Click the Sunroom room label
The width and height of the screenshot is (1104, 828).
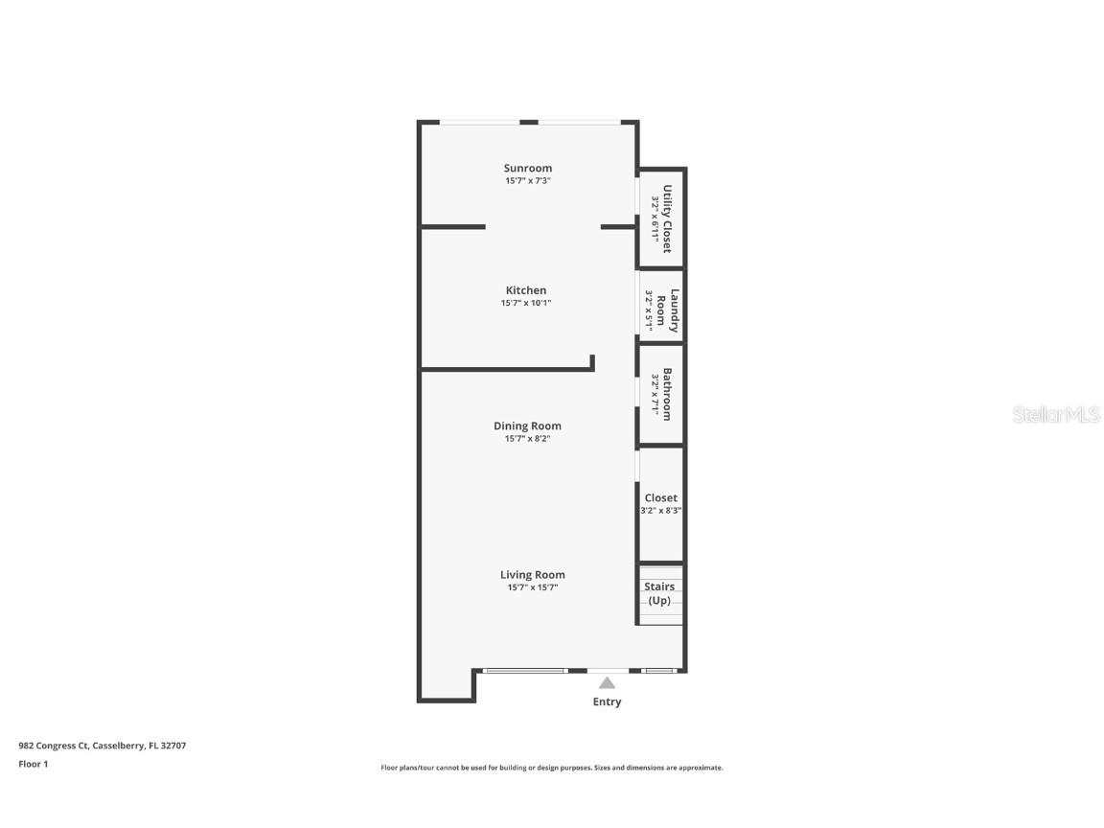pyautogui.click(x=528, y=168)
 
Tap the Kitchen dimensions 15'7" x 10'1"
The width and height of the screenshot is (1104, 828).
pyautogui.click(x=526, y=303)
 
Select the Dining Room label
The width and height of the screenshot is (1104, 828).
pyautogui.click(x=527, y=425)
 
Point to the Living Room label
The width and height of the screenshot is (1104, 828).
pyautogui.click(x=532, y=575)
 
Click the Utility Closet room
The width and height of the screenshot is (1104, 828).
pyautogui.click(x=661, y=218)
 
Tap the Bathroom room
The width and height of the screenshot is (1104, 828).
pyautogui.click(x=661, y=394)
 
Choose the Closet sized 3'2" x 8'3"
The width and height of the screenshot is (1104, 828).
pyautogui.click(x=660, y=504)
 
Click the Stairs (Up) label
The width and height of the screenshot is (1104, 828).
pyautogui.click(x=659, y=593)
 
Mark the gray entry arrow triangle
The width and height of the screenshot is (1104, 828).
pyautogui.click(x=607, y=683)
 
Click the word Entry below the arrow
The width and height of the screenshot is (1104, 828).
pyautogui.click(x=607, y=701)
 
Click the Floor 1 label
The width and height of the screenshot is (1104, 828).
pyautogui.click(x=33, y=764)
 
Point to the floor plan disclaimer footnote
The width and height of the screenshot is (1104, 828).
pyautogui.click(x=552, y=768)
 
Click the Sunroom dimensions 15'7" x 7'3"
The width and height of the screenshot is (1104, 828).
pyautogui.click(x=528, y=180)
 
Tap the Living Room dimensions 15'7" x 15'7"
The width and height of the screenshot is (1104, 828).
pyautogui.click(x=532, y=587)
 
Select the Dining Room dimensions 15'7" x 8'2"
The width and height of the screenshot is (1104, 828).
pyautogui.click(x=527, y=438)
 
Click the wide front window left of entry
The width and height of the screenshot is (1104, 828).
pyautogui.click(x=526, y=671)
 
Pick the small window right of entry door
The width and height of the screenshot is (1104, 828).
pyautogui.click(x=659, y=671)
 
